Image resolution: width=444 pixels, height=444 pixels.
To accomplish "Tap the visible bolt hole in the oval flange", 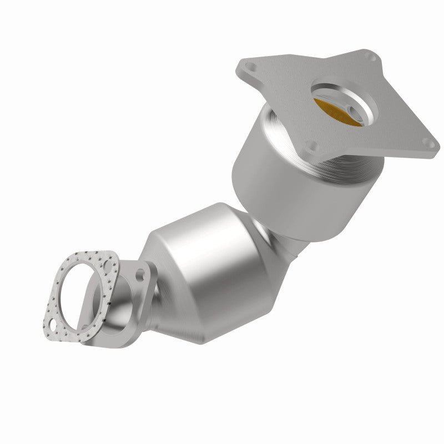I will tap(140, 274).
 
